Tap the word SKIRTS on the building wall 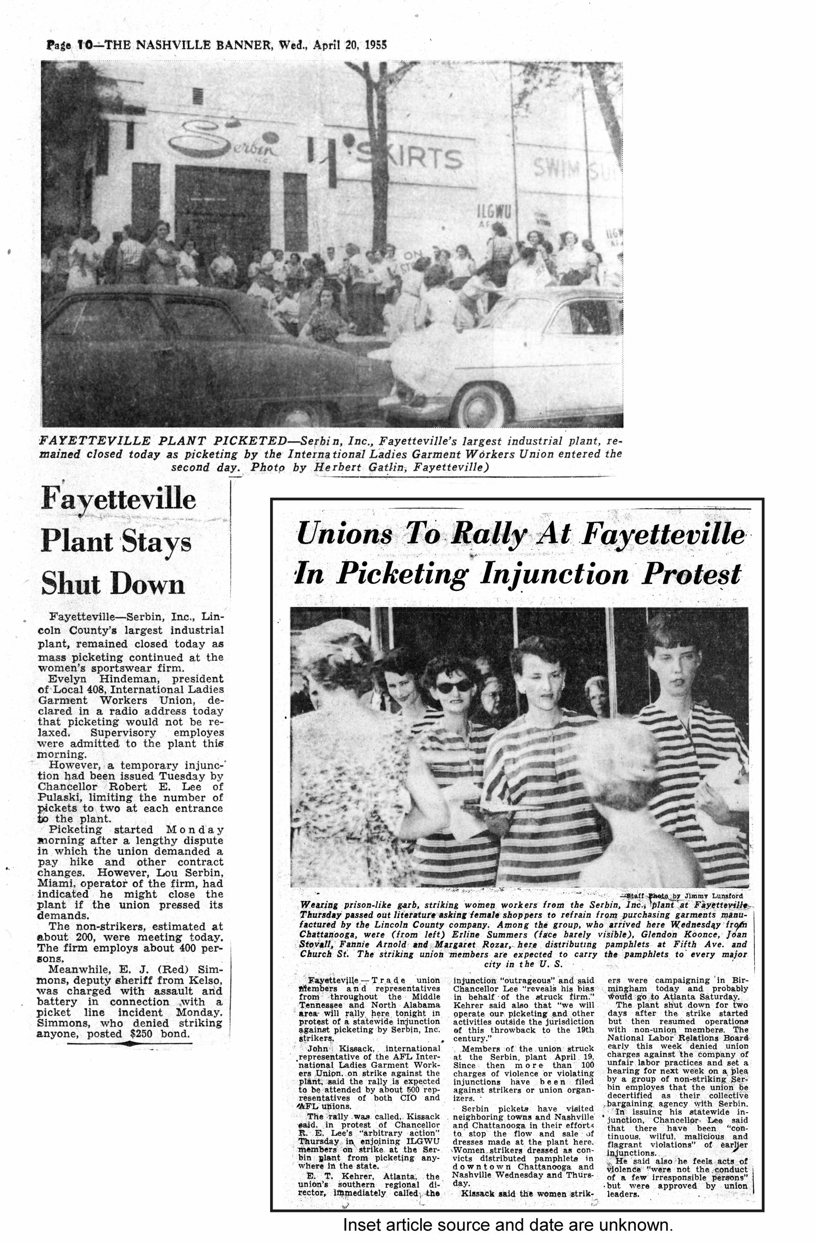(x=410, y=158)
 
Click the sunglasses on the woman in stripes (x=453, y=687)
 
